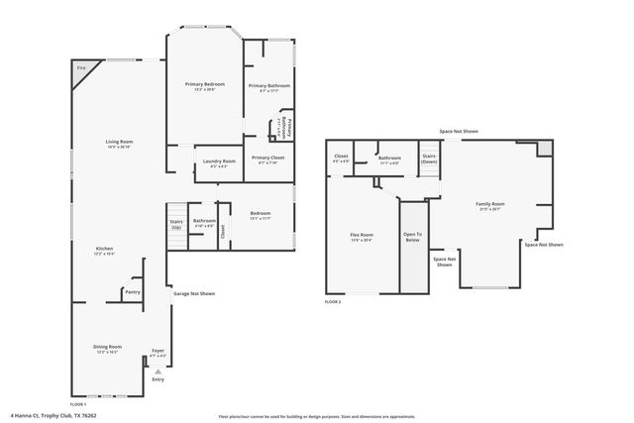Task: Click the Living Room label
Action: coord(120,142)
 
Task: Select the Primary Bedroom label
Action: coord(205,85)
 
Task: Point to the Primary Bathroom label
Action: coord(268,86)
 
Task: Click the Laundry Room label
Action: coord(219,161)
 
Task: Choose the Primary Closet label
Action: coord(267,159)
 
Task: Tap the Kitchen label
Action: coord(104,249)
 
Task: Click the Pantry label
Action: coord(132,291)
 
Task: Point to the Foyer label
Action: coord(158,351)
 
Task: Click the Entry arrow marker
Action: coord(158,371)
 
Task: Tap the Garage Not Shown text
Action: coord(194,293)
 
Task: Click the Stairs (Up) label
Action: coord(176,225)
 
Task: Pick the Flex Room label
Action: coord(361,235)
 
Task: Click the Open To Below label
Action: coord(411,238)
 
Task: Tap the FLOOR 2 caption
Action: coord(333,301)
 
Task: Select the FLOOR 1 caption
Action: coord(78,405)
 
